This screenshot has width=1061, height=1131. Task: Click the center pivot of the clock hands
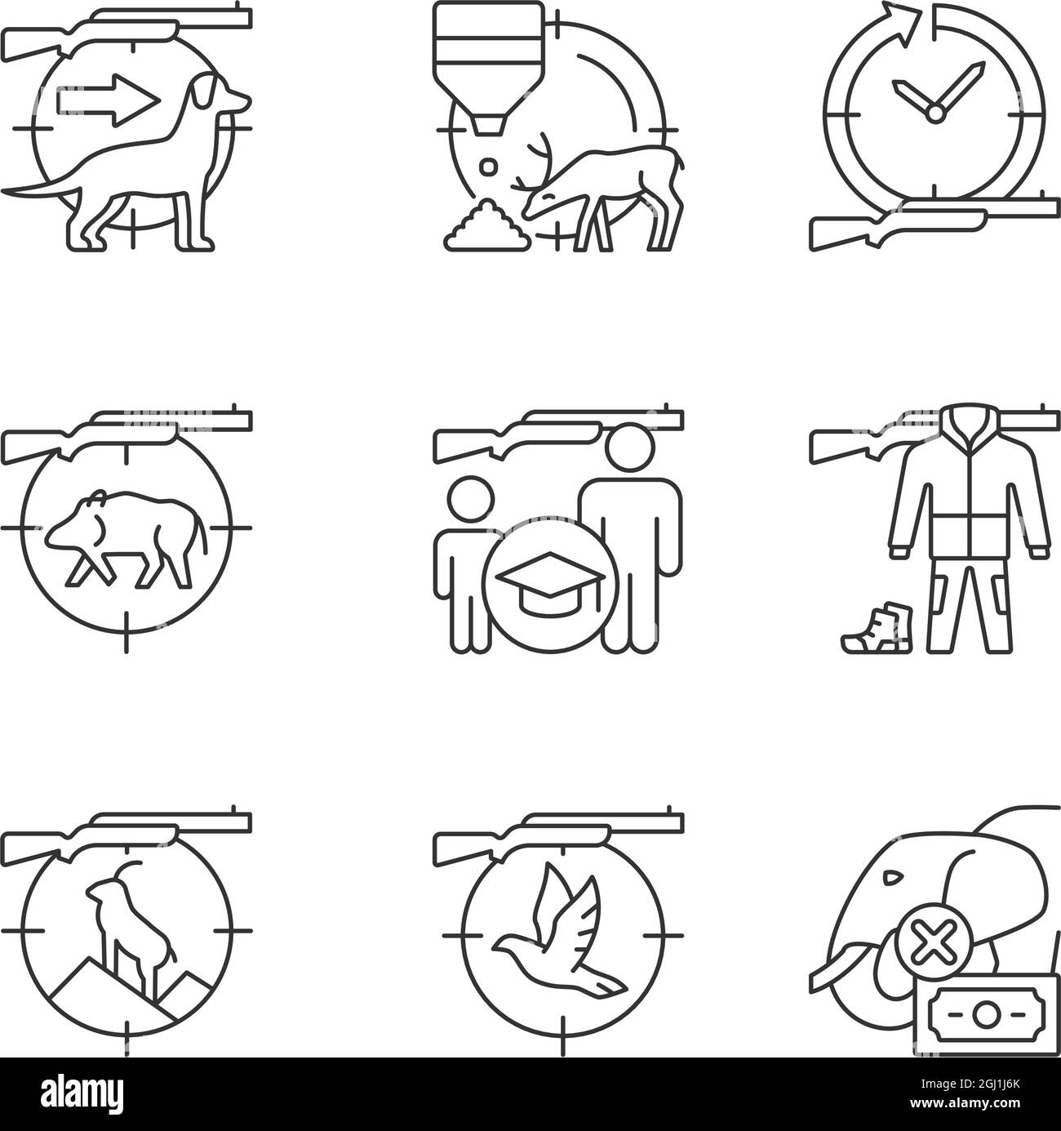coord(934,114)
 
